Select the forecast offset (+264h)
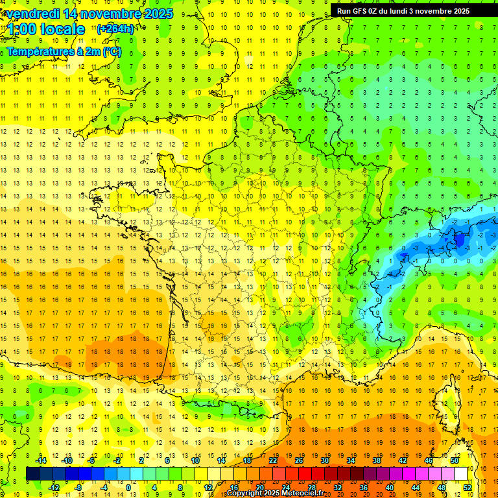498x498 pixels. pyautogui.click(x=115, y=29)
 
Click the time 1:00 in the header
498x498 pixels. pyautogui.click(x=21, y=29)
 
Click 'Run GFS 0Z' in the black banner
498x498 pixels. pyautogui.click(x=362, y=11)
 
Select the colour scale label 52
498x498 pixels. pyautogui.click(x=468, y=487)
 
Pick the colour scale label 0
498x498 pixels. pyautogui.click(x=128, y=487)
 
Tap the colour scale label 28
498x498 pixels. pyautogui.click(x=311, y=487)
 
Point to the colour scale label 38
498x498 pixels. pyautogui.click(x=376, y=460)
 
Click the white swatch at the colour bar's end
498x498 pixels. pyautogui.click(x=460, y=473)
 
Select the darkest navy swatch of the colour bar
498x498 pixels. pyautogui.click(x=32, y=473)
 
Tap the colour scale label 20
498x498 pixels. pyautogui.click(x=259, y=487)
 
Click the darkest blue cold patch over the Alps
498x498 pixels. pyautogui.click(x=459, y=240)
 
